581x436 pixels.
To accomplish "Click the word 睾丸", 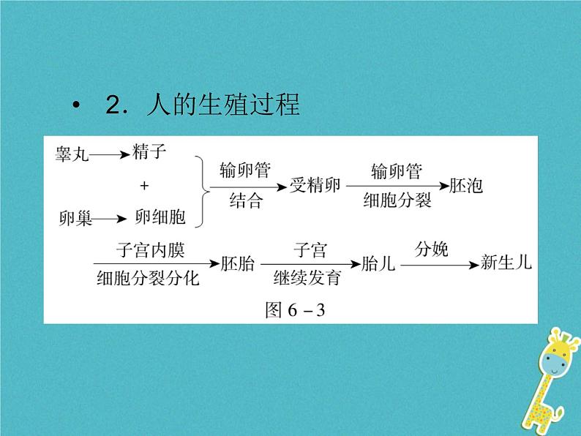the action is tap(72, 155).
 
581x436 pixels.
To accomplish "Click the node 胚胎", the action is tap(238, 264).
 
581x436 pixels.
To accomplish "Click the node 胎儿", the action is tap(378, 264).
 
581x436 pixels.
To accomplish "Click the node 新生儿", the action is tap(506, 264).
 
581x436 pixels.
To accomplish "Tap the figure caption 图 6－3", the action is tap(293, 310).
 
